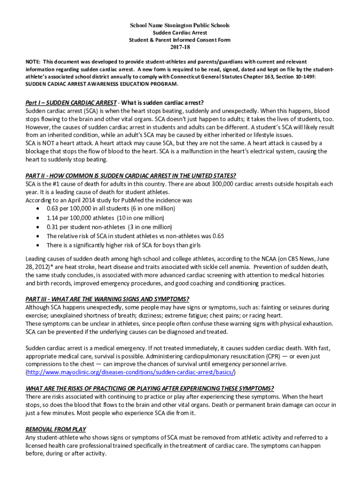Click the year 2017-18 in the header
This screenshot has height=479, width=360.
(x=180, y=47)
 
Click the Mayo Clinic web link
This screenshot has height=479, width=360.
(x=130, y=372)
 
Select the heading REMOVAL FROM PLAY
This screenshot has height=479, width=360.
(x=56, y=429)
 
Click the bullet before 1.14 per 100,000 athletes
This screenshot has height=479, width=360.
(x=37, y=218)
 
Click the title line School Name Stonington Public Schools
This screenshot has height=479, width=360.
(x=180, y=25)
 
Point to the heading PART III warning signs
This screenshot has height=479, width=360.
(x=107, y=299)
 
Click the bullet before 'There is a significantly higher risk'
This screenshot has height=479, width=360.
(x=37, y=246)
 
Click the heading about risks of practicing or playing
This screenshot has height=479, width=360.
(x=150, y=388)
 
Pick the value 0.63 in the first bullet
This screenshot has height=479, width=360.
(x=52, y=209)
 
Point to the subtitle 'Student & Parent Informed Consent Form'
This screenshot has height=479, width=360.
(x=180, y=40)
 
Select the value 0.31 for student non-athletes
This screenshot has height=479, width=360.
(x=52, y=227)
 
